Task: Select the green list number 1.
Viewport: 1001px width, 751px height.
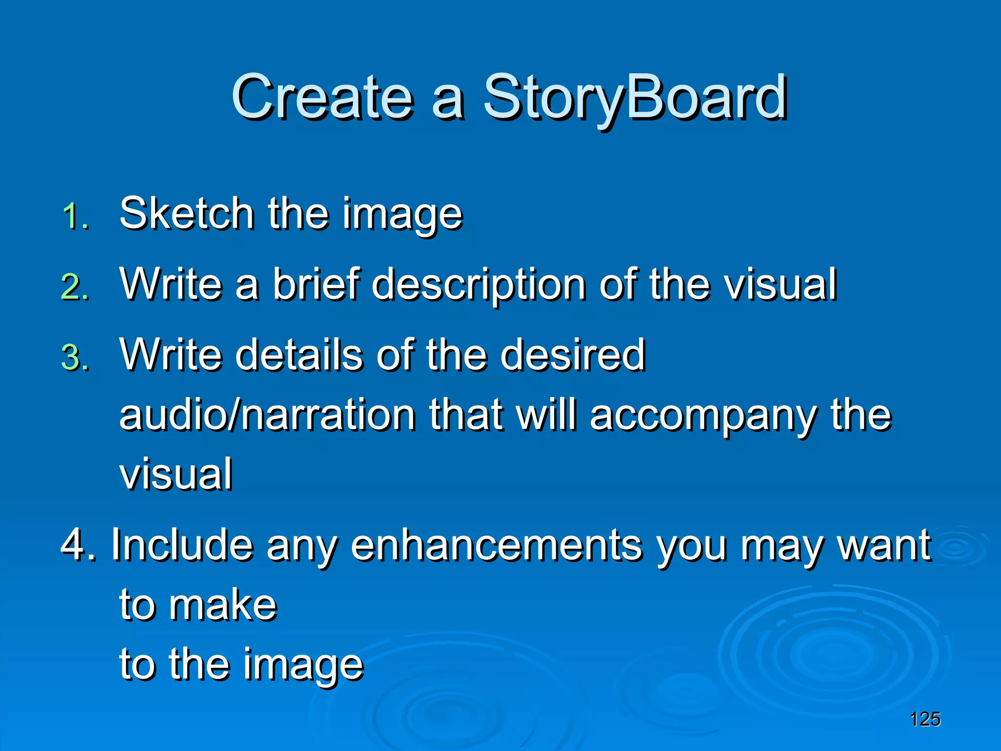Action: (x=75, y=216)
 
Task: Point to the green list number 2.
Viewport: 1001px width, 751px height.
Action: (x=75, y=287)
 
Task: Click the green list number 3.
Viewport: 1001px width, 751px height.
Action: (x=75, y=358)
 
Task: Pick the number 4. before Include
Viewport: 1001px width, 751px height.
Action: (x=78, y=545)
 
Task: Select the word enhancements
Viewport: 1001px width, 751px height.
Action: (x=497, y=545)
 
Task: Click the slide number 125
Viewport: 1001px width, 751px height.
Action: (x=925, y=719)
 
